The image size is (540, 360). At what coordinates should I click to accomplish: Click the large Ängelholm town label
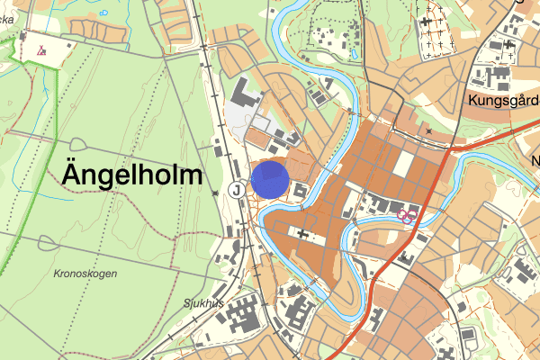[x=132, y=175]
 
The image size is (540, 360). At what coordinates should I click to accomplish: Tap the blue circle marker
[x=270, y=179]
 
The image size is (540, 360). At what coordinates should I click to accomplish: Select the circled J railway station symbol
[x=236, y=190]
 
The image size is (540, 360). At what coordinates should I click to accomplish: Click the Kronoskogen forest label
[x=85, y=273]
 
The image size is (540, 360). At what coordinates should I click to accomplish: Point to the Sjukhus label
[x=202, y=303]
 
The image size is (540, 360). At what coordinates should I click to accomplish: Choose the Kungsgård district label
[x=503, y=102]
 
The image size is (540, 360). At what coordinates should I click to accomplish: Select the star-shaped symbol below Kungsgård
[x=429, y=131]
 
